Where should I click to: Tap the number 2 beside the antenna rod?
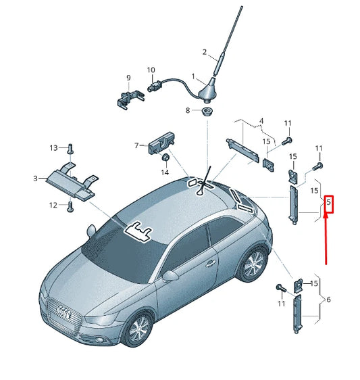point(205,52)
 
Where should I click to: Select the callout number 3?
point(35,179)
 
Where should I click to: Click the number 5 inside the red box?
point(329,202)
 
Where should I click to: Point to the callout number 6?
point(328,300)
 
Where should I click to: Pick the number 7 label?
point(136,145)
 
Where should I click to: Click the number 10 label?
point(151,70)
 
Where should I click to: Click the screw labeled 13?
point(70,147)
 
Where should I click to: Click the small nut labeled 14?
point(164,158)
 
